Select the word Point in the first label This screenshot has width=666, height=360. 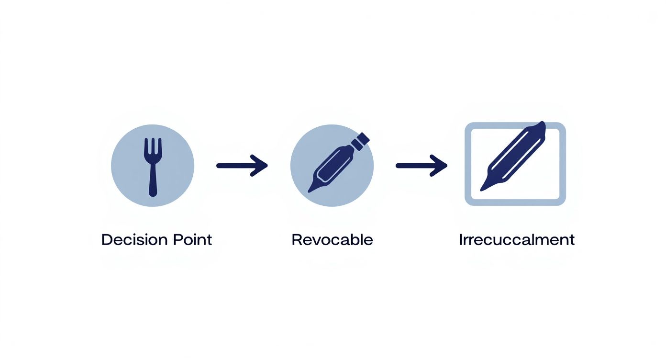click(x=191, y=239)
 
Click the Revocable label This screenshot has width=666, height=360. click(x=332, y=239)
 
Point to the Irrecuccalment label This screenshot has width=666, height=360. click(x=516, y=239)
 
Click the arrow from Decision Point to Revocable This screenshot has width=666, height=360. click(x=241, y=166)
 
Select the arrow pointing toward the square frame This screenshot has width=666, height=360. click(x=421, y=166)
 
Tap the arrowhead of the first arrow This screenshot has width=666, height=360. click(x=260, y=166)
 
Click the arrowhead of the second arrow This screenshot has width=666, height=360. click(x=440, y=166)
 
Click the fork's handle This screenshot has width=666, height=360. click(x=153, y=182)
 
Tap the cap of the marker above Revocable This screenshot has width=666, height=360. click(x=362, y=139)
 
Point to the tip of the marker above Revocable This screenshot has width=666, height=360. click(x=312, y=189)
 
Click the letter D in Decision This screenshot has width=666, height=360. click(x=106, y=239)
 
